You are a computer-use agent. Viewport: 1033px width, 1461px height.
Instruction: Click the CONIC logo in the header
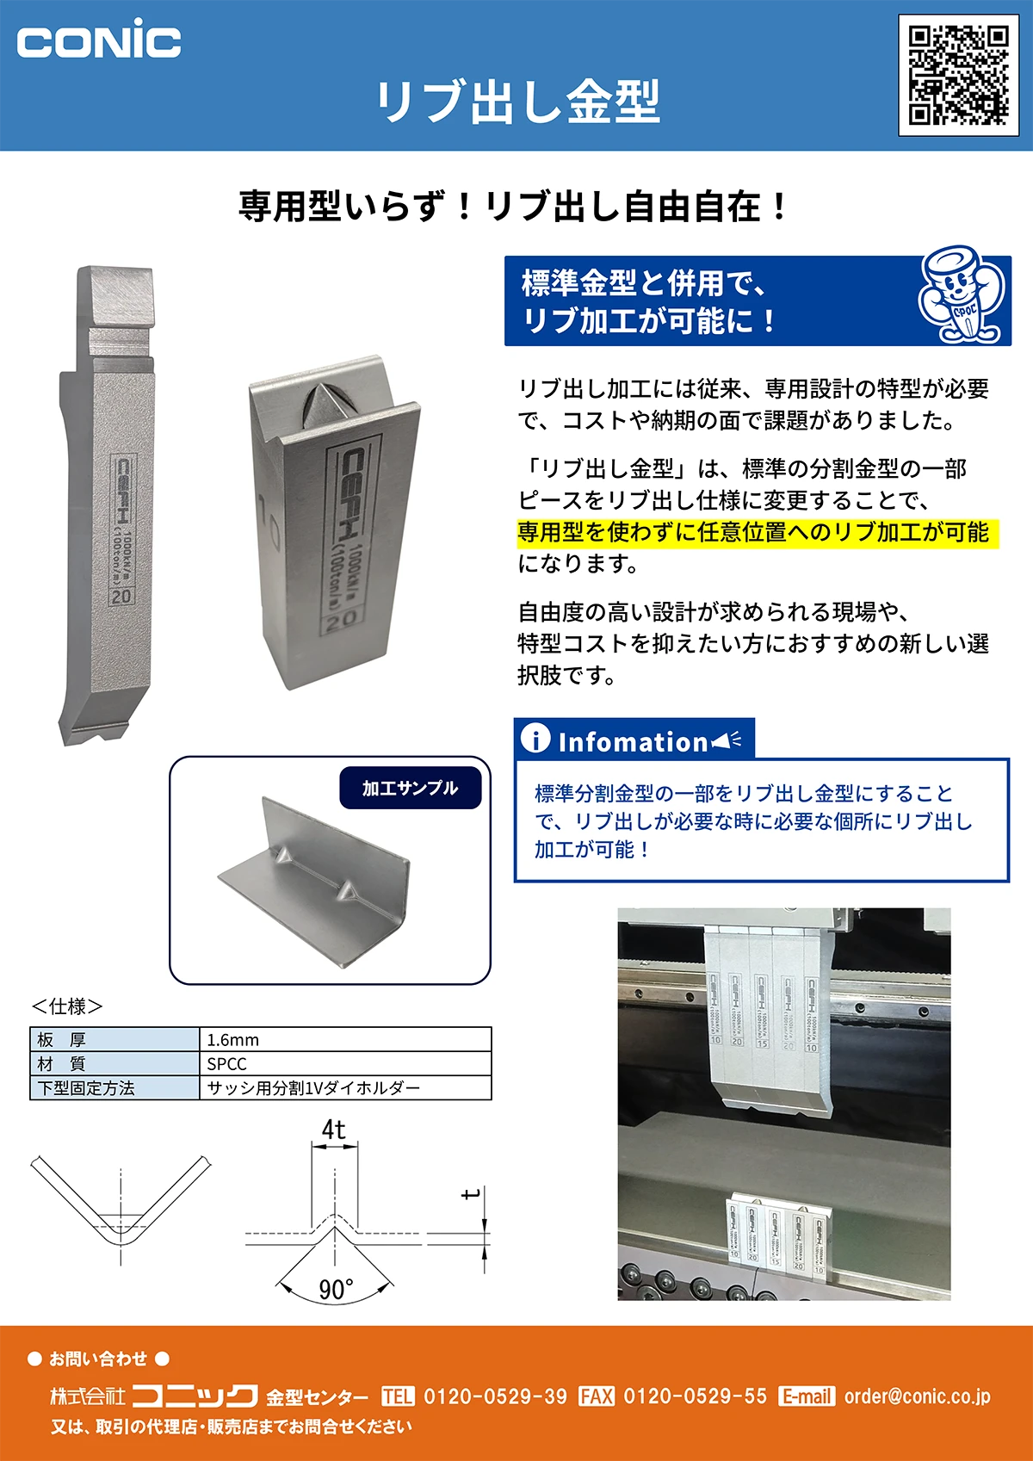[x=99, y=40]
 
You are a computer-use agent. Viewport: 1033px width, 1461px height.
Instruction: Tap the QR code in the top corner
[x=958, y=75]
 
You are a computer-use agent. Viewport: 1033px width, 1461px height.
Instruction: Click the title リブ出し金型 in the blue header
[x=518, y=101]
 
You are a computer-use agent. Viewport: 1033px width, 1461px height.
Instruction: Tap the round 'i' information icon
[x=535, y=738]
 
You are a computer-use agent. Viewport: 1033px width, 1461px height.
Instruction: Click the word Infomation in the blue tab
[x=633, y=741]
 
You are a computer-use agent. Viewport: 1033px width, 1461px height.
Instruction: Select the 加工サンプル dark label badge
[x=410, y=788]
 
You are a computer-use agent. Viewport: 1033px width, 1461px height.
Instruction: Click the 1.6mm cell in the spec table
[x=233, y=1039]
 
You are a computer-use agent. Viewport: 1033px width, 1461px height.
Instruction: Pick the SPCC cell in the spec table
[x=227, y=1063]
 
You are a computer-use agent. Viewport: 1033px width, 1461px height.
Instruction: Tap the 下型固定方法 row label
[x=86, y=1088]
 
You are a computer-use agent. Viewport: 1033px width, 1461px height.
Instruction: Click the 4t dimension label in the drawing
[x=334, y=1130]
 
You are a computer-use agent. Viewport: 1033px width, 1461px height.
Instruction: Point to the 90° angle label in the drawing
[x=335, y=1289]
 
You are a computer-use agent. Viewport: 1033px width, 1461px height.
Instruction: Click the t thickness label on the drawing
[x=470, y=1195]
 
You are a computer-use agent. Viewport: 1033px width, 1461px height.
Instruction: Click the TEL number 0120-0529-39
[x=495, y=1396]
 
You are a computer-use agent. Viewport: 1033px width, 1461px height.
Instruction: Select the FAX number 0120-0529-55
[x=695, y=1396]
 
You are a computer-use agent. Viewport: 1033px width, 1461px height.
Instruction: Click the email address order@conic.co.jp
[x=917, y=1396]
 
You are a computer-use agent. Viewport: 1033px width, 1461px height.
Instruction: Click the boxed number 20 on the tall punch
[x=121, y=596]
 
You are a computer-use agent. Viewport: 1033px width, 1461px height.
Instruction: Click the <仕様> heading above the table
[x=67, y=1006]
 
